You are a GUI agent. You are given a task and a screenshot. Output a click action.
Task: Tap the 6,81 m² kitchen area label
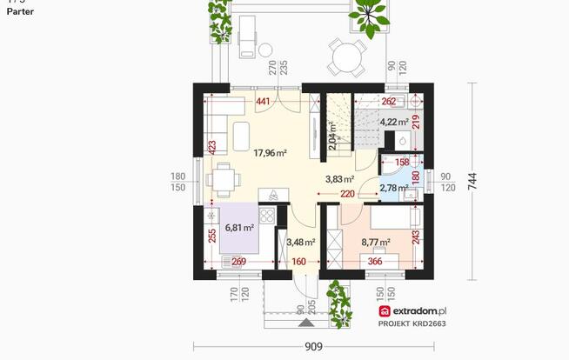(239, 227)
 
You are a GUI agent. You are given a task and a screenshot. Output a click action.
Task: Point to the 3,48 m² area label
(300, 242)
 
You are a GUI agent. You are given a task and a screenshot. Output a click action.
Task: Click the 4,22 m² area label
(394, 122)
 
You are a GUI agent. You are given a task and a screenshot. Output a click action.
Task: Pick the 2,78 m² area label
(394, 187)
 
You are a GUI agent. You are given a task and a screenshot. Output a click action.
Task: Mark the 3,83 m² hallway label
(339, 179)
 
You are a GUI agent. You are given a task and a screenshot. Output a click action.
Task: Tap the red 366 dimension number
(375, 261)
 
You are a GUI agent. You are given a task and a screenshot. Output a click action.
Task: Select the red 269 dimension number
(237, 261)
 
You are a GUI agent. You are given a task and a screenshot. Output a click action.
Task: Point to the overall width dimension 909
(314, 346)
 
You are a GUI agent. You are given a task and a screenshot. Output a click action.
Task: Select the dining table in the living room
(225, 179)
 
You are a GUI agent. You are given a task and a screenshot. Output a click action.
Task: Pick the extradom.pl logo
(412, 310)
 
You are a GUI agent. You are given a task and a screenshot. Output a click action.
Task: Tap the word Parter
(19, 13)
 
